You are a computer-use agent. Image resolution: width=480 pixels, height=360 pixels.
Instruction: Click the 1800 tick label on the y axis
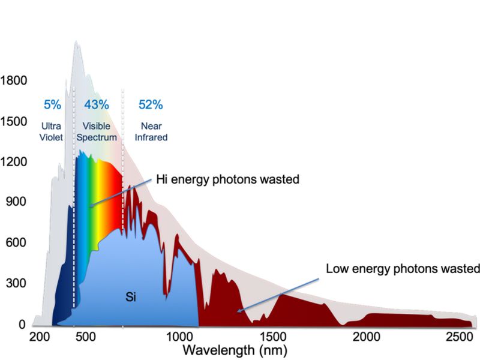[x=13, y=80]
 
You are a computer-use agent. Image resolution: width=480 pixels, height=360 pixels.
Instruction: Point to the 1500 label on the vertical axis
[x=13, y=121]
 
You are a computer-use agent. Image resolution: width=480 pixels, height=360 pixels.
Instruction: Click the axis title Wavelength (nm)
[x=235, y=349]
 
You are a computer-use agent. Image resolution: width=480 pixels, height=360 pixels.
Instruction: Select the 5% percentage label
[x=52, y=105]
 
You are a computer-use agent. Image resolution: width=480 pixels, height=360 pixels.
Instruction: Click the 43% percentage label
[x=96, y=105]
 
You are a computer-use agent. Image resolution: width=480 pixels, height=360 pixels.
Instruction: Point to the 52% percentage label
[x=151, y=105]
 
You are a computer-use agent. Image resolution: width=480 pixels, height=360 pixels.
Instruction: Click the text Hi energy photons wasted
[x=227, y=179]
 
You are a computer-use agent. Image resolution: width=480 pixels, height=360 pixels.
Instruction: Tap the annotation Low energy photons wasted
[x=403, y=268]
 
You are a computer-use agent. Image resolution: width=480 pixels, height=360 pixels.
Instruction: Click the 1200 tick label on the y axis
[x=13, y=161]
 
